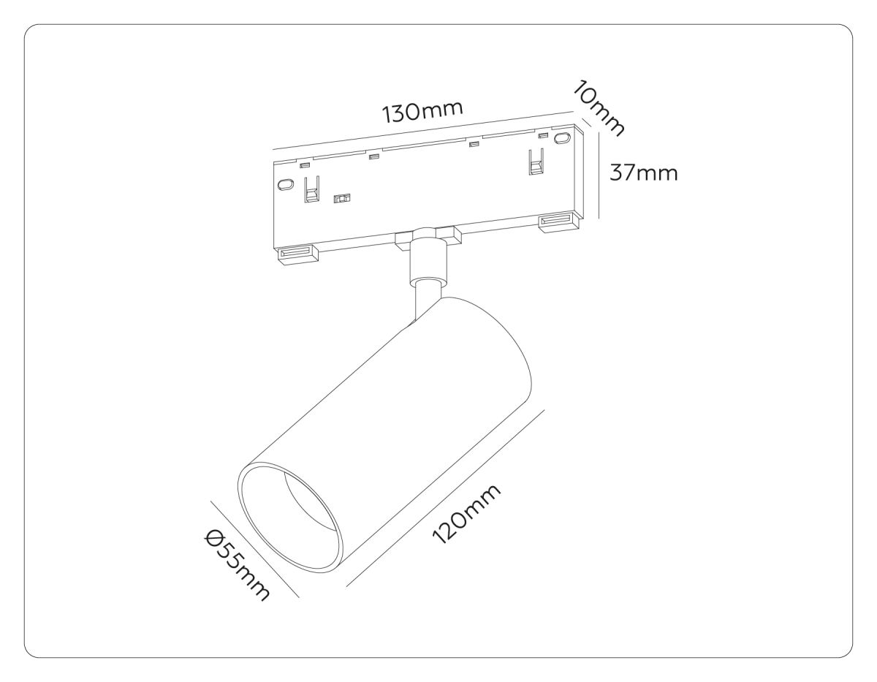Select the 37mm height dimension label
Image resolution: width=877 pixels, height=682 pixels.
coord(644,173)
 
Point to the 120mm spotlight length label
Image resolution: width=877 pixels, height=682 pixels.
coord(466,514)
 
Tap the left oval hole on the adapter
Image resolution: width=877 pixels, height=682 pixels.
coord(285,184)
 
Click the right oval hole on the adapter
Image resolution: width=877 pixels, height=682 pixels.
coord(561,138)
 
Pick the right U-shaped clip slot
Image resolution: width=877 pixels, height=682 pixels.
coord(536,162)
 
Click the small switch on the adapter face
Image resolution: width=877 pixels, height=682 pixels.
coord(341,198)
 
